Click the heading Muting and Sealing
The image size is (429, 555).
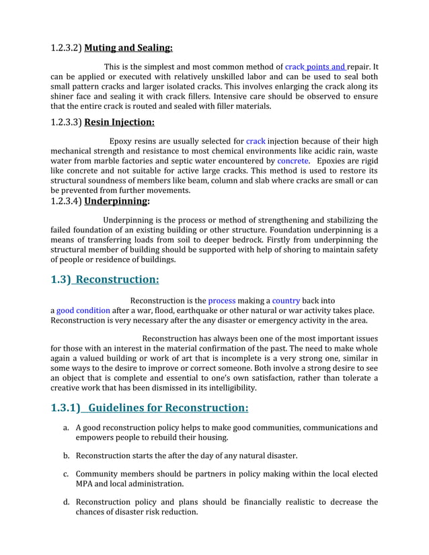[x=128, y=48]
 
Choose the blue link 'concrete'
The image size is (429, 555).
[x=292, y=161]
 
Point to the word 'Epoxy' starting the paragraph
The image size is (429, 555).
[x=122, y=141]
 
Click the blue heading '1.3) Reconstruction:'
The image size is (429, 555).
[x=105, y=280]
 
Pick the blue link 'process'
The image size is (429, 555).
[x=221, y=300]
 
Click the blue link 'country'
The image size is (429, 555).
[x=286, y=300]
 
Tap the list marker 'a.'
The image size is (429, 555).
[x=67, y=428]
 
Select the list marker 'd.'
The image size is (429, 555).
[x=67, y=502]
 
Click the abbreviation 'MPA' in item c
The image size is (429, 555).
[x=85, y=483]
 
